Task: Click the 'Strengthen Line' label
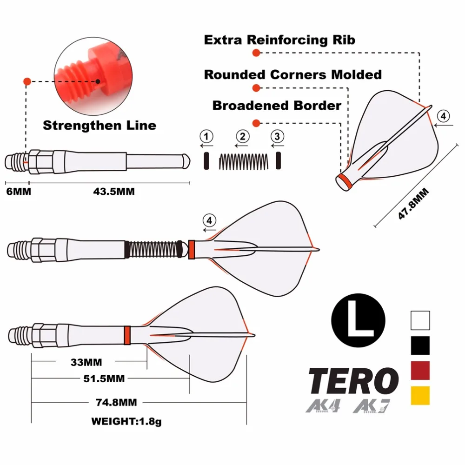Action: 99,125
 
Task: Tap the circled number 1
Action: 206,137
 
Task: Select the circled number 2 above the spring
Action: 242,137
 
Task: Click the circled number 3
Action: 278,137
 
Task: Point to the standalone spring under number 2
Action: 243,161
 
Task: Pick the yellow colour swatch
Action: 420,395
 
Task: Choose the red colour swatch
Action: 420,371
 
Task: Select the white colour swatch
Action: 420,320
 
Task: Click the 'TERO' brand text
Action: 353,381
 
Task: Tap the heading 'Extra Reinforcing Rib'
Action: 279,40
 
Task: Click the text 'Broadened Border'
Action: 277,106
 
